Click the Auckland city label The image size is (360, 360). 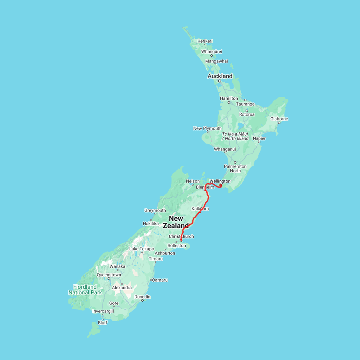(220, 76)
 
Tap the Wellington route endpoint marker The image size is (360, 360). (220, 185)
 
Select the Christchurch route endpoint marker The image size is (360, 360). (181, 240)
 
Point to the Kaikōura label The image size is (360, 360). (200, 209)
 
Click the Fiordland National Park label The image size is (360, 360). (85, 290)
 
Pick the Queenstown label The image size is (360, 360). (108, 275)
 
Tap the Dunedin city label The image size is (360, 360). (142, 297)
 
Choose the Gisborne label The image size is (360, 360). (279, 119)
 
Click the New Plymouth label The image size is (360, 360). (207, 128)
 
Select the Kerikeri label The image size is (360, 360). (205, 41)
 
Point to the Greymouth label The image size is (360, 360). (155, 210)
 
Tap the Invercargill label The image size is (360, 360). (103, 311)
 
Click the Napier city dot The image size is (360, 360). (259, 142)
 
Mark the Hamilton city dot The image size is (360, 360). (229, 102)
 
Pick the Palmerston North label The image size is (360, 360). (235, 168)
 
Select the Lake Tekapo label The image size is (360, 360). (141, 249)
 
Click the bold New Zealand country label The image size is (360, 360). (176, 222)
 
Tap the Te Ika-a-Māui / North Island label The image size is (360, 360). (235, 136)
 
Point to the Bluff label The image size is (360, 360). (102, 322)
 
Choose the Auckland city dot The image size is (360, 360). (220, 81)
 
